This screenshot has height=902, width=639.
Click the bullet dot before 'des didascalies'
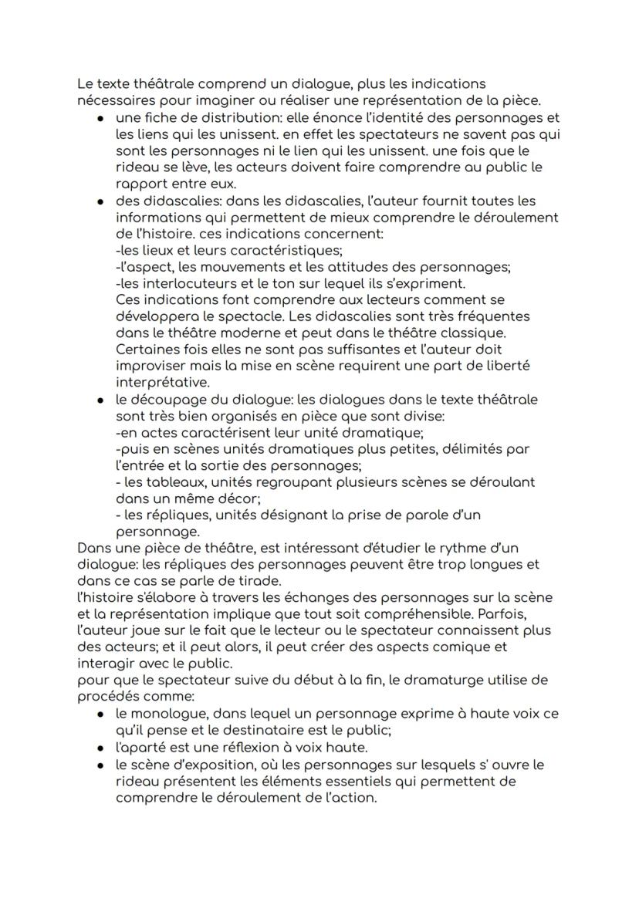click(x=101, y=201)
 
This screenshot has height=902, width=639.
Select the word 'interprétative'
click(x=161, y=383)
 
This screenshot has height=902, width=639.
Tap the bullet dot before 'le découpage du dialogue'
click(x=101, y=400)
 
